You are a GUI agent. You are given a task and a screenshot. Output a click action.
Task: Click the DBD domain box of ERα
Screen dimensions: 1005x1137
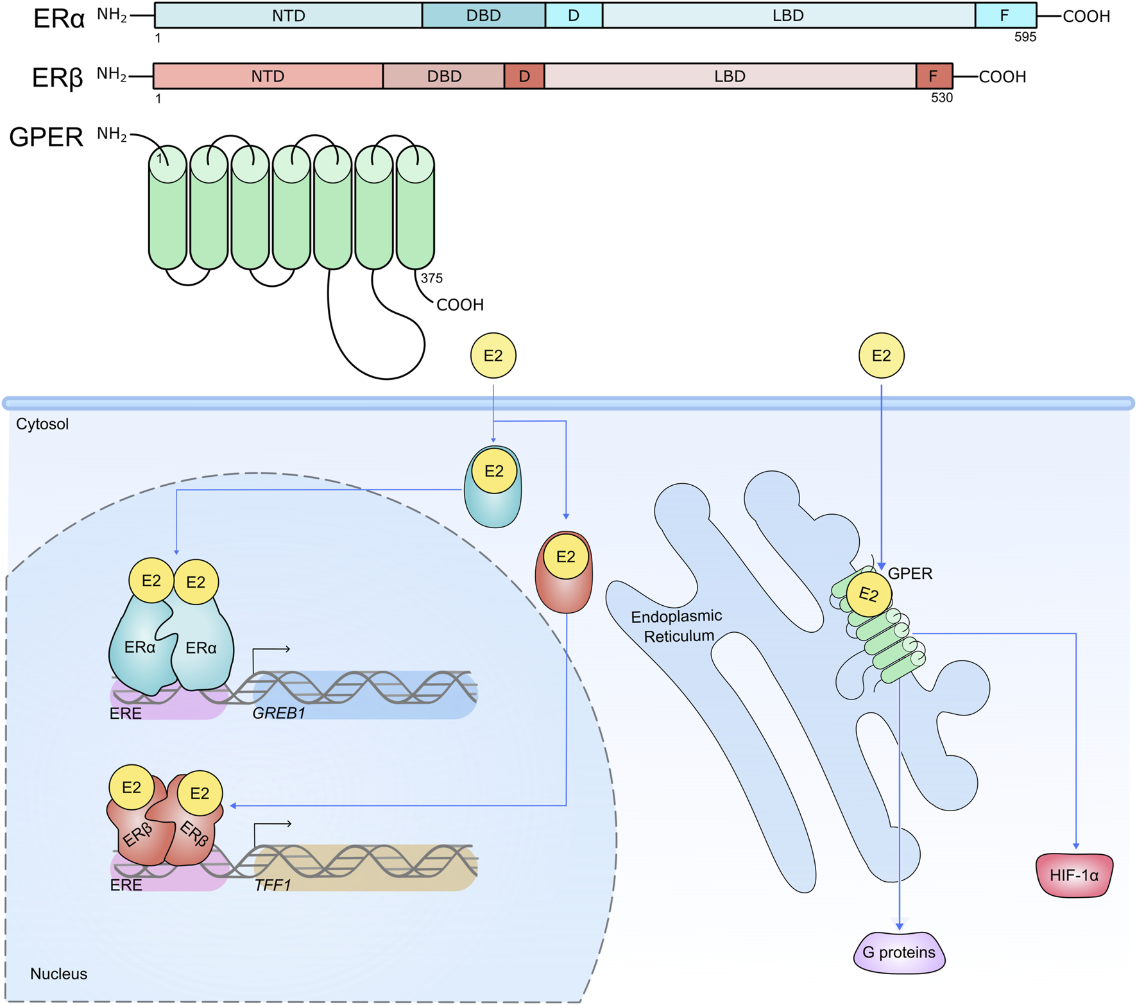(x=483, y=15)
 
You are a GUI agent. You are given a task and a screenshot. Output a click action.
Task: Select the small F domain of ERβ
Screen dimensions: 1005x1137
(x=934, y=76)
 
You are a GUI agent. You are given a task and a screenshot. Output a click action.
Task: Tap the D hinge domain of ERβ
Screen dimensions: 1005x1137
(x=524, y=76)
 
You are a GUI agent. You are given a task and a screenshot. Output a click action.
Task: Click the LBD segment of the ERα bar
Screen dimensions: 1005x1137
(x=788, y=15)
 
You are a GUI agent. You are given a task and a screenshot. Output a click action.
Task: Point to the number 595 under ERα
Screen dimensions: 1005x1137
(x=1025, y=37)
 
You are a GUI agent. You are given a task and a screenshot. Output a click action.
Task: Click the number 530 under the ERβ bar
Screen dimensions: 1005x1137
(x=941, y=98)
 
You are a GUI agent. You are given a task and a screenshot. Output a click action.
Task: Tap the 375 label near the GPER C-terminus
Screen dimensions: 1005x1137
(x=431, y=279)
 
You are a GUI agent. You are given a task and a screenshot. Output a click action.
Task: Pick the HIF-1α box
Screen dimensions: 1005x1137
(x=1074, y=875)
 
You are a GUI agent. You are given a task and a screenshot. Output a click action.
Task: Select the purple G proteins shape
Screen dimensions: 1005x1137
(x=898, y=952)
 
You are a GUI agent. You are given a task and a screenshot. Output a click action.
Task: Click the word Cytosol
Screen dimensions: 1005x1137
(x=42, y=424)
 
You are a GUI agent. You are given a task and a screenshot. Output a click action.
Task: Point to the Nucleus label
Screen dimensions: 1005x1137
(x=58, y=974)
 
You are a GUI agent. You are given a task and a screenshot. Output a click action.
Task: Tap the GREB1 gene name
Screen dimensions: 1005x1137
(x=278, y=713)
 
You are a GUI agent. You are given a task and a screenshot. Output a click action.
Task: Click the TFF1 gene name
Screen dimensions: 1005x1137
(x=273, y=885)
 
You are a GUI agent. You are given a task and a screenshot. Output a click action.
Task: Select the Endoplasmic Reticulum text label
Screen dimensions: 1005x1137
(x=677, y=626)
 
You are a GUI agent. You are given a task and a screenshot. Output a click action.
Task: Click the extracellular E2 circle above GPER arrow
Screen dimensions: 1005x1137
(x=881, y=356)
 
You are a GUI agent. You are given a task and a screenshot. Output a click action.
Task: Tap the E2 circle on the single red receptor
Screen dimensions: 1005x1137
(x=565, y=556)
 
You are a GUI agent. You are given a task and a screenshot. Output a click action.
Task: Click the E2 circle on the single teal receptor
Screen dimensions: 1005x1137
(x=493, y=471)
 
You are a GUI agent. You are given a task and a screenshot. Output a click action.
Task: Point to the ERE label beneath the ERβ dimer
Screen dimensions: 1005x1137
(x=126, y=885)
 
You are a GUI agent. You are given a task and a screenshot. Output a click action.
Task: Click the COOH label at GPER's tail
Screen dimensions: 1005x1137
(x=459, y=305)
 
